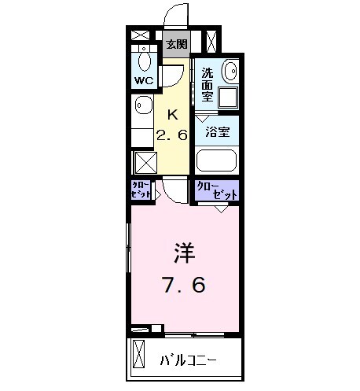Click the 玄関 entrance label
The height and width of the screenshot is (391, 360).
[x=177, y=45]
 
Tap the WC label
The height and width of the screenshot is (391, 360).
[x=144, y=81]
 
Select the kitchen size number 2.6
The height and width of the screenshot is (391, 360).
[x=174, y=135]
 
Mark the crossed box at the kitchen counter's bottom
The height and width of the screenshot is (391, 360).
[x=145, y=162]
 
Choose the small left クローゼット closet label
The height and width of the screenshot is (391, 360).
[x=141, y=190]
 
